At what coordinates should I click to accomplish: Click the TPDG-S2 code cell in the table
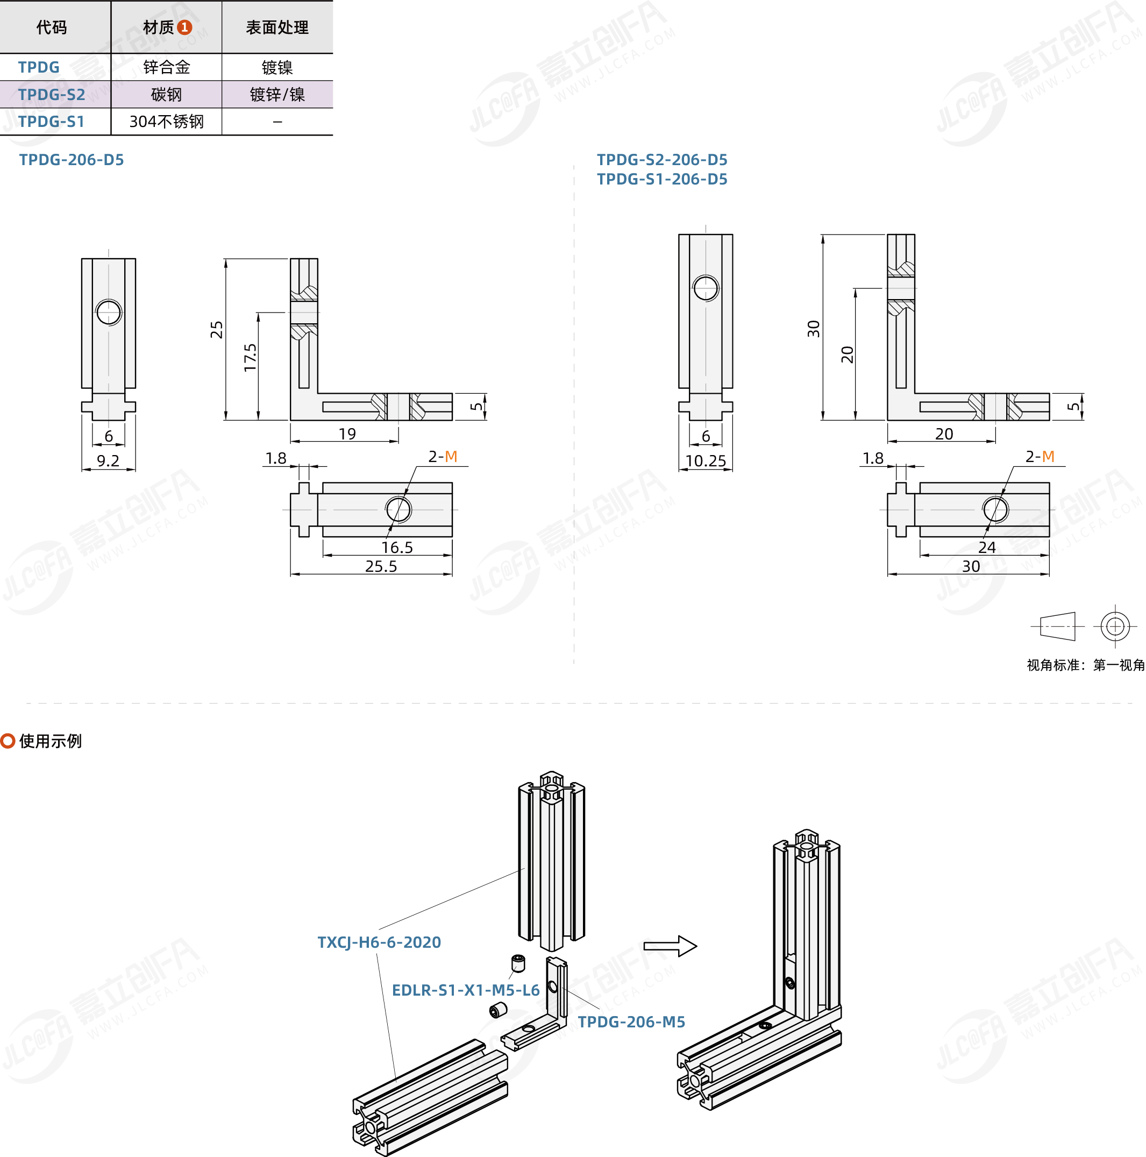click(52, 95)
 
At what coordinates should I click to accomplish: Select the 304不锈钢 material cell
click(167, 122)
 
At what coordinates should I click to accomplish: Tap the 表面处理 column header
click(277, 27)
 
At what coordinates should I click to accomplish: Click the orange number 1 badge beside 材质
click(185, 27)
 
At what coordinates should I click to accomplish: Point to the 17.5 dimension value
click(250, 358)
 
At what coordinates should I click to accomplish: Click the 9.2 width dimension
click(109, 460)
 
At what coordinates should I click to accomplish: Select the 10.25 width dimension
click(706, 460)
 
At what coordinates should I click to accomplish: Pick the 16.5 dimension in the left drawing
click(397, 548)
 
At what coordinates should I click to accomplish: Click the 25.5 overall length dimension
click(381, 566)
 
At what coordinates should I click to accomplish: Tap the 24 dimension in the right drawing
click(987, 548)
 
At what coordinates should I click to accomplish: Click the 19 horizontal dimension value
click(347, 434)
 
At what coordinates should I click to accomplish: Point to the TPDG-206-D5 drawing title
click(71, 160)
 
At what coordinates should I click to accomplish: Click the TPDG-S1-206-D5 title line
click(661, 179)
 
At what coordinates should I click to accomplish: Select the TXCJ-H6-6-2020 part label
click(379, 942)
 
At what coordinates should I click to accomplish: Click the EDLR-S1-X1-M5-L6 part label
click(465, 990)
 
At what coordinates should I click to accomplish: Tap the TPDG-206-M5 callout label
click(631, 1021)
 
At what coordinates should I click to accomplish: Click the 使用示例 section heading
click(51, 741)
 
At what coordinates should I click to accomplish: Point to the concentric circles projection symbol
click(1115, 627)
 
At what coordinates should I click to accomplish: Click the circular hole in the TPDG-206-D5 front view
click(109, 312)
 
